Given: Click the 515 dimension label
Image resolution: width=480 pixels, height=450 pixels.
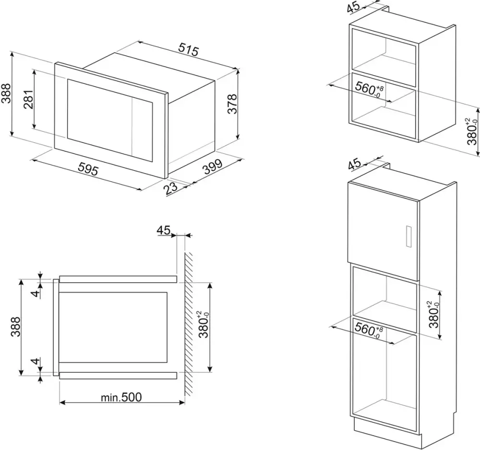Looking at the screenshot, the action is click(189, 49).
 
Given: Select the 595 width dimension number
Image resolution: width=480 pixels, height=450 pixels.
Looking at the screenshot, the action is click(88, 169).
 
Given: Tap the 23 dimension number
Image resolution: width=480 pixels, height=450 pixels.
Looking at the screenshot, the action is click(170, 188).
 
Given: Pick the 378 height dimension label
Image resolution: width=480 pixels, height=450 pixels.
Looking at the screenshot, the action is click(233, 104).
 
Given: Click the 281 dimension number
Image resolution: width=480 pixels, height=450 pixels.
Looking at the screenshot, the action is click(28, 99).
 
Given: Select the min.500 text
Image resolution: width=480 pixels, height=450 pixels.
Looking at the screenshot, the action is click(121, 397).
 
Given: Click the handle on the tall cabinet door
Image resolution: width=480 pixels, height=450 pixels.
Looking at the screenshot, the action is click(408, 236).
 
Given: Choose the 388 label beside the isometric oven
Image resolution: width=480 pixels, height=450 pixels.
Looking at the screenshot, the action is click(6, 93).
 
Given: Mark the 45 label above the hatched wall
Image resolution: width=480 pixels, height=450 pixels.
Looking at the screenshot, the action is click(164, 230).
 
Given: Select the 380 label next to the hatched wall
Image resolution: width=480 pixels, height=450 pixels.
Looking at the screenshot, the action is click(204, 324).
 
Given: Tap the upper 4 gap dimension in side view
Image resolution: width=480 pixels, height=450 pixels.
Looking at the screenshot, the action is click(36, 293).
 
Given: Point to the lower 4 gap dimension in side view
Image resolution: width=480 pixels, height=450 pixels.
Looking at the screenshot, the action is click(36, 361).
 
